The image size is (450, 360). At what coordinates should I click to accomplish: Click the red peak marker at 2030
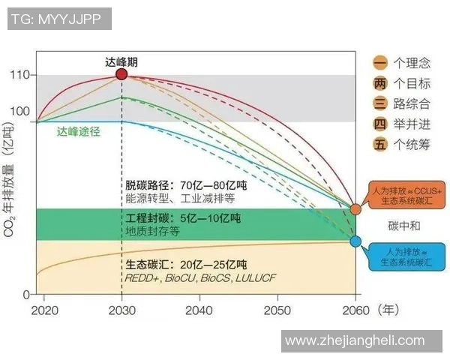tap(121, 74)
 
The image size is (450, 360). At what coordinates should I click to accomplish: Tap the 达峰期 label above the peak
tap(121, 61)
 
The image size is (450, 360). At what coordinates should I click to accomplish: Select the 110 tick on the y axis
tap(19, 75)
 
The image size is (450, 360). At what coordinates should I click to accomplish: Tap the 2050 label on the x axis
tap(277, 310)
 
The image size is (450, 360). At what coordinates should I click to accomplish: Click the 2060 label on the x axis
tap(355, 310)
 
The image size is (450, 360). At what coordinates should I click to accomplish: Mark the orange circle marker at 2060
tap(355, 208)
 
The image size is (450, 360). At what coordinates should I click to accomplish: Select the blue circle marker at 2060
tap(355, 241)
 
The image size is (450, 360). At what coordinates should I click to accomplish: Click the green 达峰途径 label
tap(79, 130)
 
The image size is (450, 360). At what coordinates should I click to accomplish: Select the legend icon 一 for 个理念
tap(380, 63)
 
